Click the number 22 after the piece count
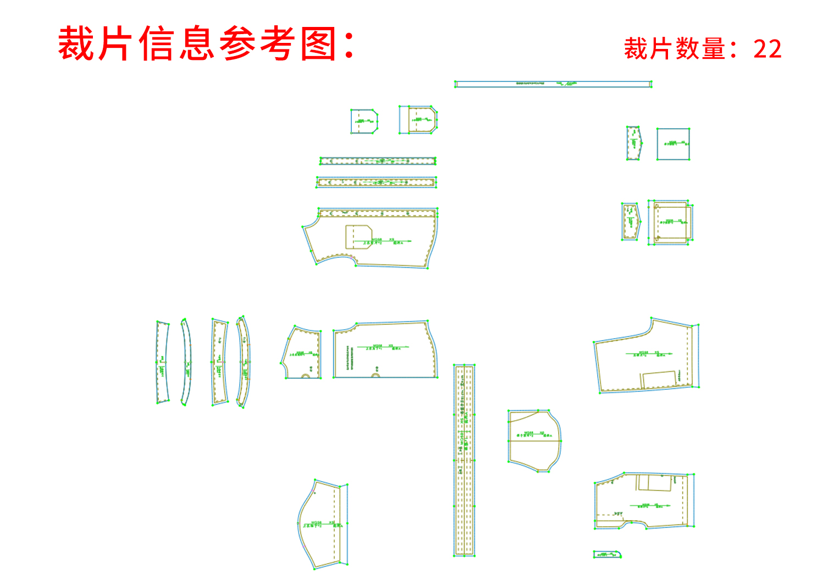coord(768,49)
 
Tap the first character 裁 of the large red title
coord(76,43)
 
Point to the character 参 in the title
coord(238,43)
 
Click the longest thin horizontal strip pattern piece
coord(553,84)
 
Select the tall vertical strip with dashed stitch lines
coord(464,460)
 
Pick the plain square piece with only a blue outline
coord(673,144)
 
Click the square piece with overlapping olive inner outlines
coord(670,222)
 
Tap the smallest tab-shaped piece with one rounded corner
coord(607,554)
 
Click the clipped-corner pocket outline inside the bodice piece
coord(358,236)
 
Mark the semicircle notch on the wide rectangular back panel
coord(376,376)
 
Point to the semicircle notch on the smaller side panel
coord(306,376)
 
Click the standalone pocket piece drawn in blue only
coord(363,121)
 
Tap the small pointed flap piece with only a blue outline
coord(633,143)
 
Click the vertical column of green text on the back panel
coord(348,357)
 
